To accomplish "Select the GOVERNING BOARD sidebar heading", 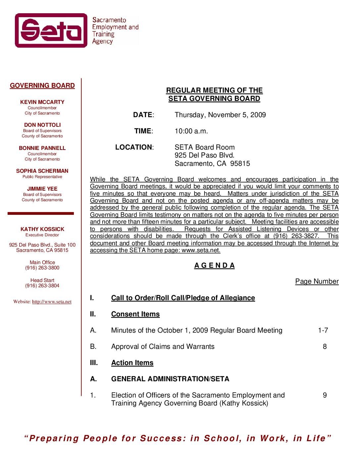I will [42, 86].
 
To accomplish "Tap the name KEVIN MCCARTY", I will [42, 102].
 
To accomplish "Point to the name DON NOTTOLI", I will [42, 125].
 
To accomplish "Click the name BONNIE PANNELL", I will [42, 148].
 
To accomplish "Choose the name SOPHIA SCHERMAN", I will [42, 171].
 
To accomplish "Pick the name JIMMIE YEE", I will [42, 189].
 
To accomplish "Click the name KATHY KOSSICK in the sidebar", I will [42, 229].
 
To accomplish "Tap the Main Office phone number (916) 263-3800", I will [42, 268].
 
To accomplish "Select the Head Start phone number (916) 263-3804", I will [42, 286].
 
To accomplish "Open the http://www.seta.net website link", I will [52, 302].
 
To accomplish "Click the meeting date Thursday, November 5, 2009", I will [220, 115].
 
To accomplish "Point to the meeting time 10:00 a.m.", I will [191, 131].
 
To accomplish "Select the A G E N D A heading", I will [214, 265].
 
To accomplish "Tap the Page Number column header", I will [317, 281].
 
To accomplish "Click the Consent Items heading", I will [135, 314].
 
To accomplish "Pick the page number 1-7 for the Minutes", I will [323, 330].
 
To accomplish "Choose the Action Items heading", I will [132, 363].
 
